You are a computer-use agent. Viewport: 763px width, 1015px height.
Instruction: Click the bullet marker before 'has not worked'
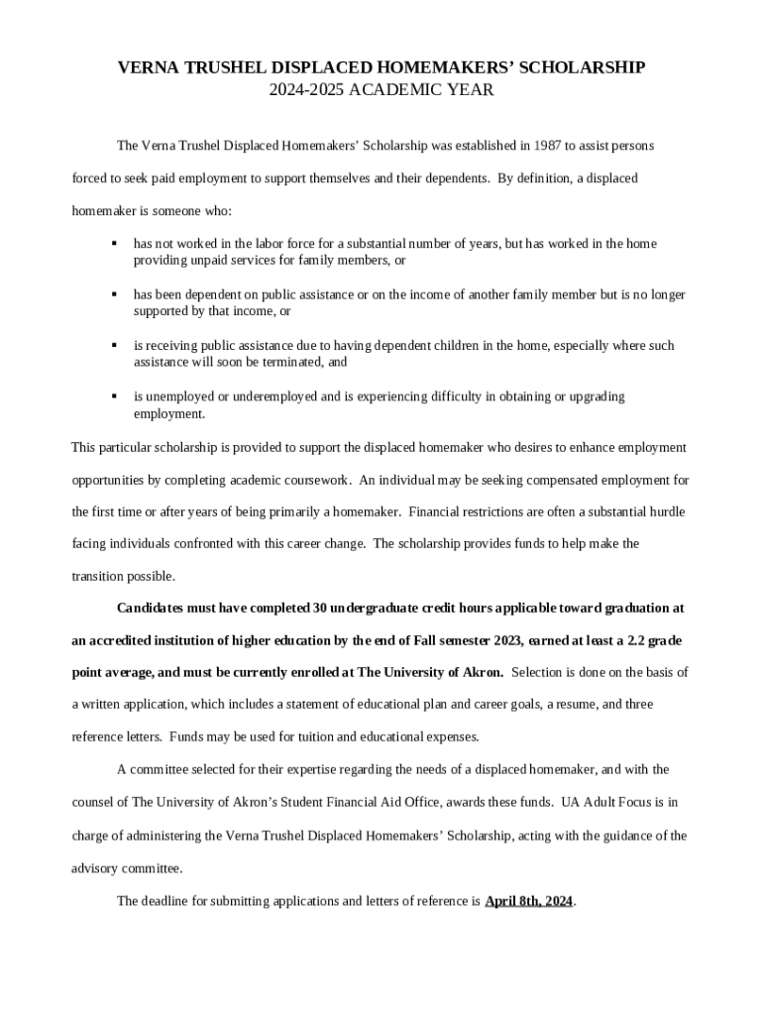pyautogui.click(x=115, y=243)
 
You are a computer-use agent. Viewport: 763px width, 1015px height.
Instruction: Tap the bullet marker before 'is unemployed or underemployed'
pyautogui.click(x=115, y=396)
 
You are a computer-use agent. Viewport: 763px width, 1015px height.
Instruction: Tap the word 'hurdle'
pyautogui.click(x=665, y=512)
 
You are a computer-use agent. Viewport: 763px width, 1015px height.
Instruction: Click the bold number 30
pyautogui.click(x=322, y=608)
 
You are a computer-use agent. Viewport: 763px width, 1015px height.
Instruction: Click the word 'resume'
pyautogui.click(x=563, y=705)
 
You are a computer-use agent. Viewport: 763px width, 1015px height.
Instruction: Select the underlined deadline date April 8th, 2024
pyautogui.click(x=528, y=902)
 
